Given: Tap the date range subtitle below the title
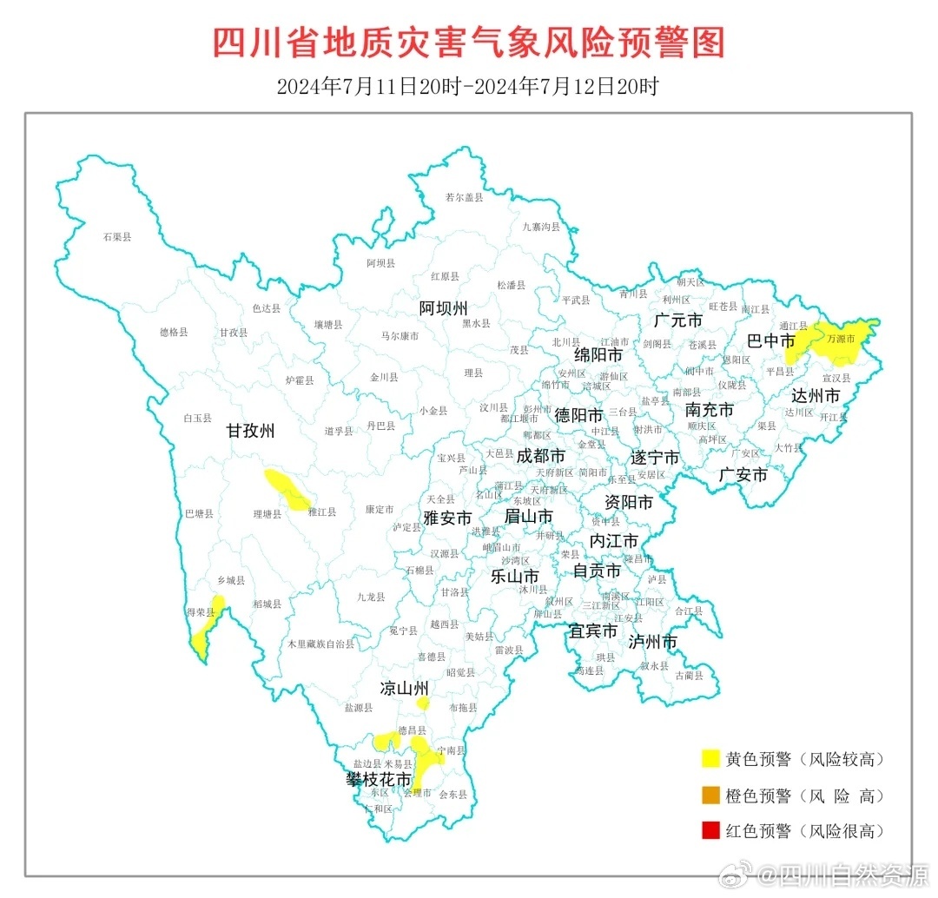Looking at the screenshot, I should [x=468, y=87].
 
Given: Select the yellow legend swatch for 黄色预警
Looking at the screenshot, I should [x=710, y=759].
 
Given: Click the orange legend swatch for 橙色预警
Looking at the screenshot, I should [x=710, y=795].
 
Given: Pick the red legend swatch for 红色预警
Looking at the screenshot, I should [x=710, y=831].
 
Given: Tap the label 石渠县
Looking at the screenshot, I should [x=116, y=236].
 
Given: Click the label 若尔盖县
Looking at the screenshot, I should [x=464, y=198].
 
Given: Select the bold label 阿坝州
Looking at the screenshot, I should [x=443, y=308].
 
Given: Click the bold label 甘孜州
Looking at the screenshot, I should [x=250, y=431].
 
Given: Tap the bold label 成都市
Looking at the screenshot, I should [x=540, y=456].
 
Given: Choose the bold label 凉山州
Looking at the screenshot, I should [x=405, y=689].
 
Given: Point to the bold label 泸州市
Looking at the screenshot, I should [x=652, y=643].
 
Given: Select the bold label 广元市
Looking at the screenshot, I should [x=678, y=320].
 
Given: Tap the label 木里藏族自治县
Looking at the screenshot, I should [x=321, y=644].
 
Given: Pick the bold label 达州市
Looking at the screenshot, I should [x=816, y=396].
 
